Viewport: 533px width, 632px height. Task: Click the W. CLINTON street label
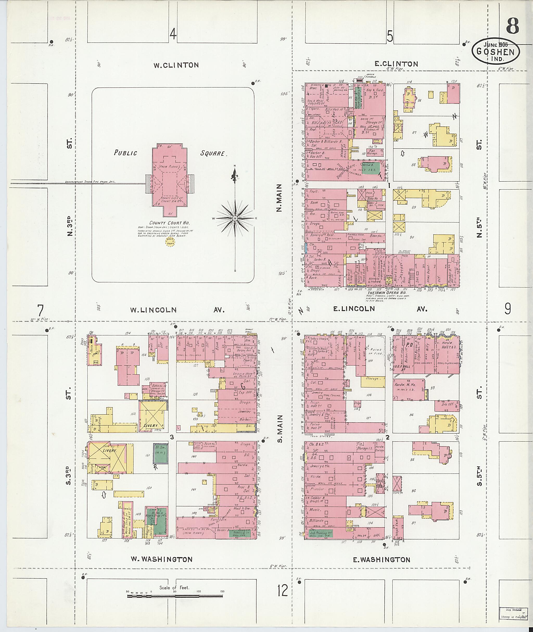coord(176,65)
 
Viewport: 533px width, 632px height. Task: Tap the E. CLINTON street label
coord(396,64)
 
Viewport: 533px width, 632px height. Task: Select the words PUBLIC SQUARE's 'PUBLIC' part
coord(125,153)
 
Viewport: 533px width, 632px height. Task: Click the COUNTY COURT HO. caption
coord(169,223)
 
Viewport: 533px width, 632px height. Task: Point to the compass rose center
coord(235,218)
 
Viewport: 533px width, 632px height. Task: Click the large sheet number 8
coord(512,26)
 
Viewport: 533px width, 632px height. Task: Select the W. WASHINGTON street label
coord(162,559)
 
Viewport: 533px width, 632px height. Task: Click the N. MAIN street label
coord(280,198)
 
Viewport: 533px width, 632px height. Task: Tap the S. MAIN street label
coord(280,429)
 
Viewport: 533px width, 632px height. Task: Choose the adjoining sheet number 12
coord(283,591)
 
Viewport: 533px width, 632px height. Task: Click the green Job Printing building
coord(321,533)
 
